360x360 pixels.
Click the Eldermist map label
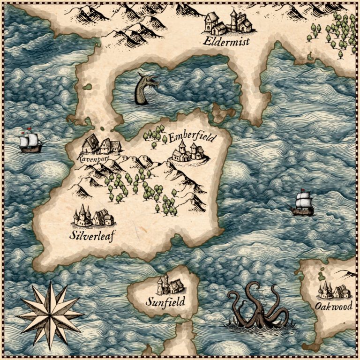[226, 42]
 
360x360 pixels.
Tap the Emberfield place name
[192, 138]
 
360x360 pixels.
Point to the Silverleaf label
[92, 235]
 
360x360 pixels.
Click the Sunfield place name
[165, 301]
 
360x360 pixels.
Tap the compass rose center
[50, 315]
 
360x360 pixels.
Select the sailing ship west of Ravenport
[30, 142]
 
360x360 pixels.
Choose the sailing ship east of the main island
[303, 203]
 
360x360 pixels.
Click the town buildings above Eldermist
[228, 22]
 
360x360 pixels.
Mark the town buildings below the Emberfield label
[188, 152]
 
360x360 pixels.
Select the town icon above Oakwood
[334, 290]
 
